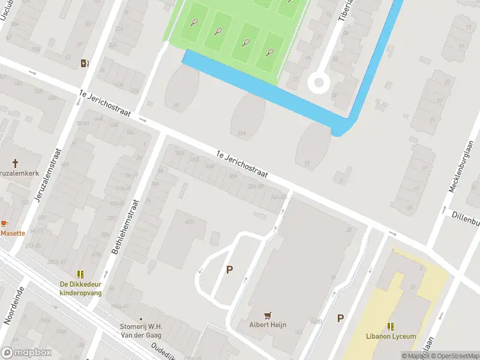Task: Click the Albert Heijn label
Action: click(x=268, y=325)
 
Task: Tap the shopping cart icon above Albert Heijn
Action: click(x=268, y=314)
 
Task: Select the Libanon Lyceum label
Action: click(x=391, y=337)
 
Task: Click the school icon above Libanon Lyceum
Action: click(x=391, y=326)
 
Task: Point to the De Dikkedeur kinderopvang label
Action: click(x=80, y=288)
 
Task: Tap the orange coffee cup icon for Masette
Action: click(x=4, y=223)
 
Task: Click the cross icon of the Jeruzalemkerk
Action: click(x=16, y=163)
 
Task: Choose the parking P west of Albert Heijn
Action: click(x=229, y=270)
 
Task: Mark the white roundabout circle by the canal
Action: click(x=318, y=82)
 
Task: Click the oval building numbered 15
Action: click(x=312, y=146)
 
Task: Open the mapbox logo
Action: click(x=25, y=352)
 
